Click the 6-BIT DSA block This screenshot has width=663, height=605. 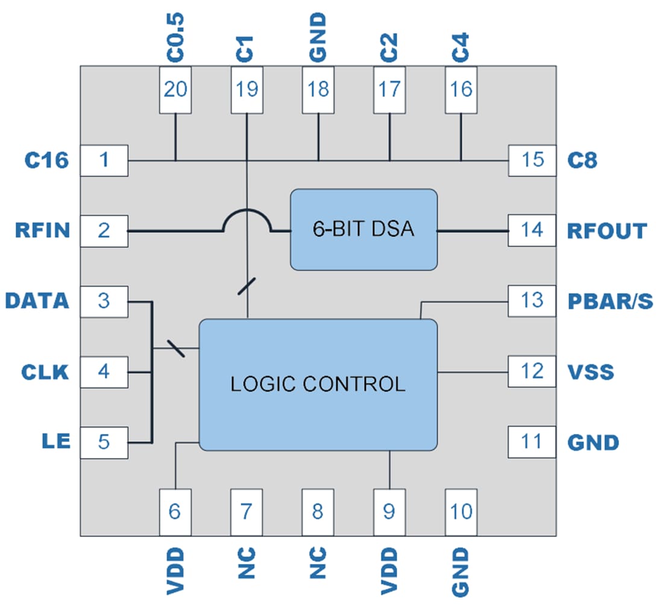(363, 229)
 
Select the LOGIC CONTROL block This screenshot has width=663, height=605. (318, 384)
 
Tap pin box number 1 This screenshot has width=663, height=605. (104, 160)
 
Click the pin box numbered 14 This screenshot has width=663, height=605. (532, 230)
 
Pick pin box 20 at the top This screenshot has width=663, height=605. (175, 90)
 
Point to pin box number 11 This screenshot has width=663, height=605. (532, 442)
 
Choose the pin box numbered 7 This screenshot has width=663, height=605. (247, 512)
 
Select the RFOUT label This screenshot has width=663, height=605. (607, 231)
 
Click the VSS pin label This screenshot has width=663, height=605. (591, 371)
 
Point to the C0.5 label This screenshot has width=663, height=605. (175, 36)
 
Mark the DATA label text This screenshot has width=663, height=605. (37, 300)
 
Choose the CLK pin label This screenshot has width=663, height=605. (45, 371)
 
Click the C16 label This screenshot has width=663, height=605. (46, 160)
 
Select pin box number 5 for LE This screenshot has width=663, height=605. (104, 442)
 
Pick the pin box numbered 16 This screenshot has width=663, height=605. (460, 90)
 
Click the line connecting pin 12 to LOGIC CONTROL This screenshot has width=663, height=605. (473, 372)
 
